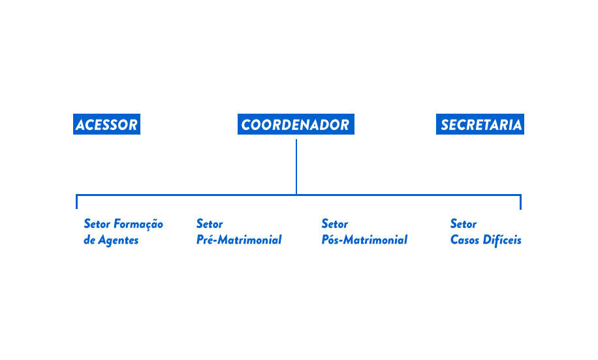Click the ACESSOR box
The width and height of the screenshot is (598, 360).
coord(107,124)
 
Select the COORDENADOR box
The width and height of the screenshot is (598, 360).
coord(296,124)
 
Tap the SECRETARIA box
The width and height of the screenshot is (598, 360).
coord(480,124)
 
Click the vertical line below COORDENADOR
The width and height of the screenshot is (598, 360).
coord(296,167)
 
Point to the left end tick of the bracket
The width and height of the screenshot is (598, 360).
coord(76,202)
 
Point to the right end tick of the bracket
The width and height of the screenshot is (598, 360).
coord(520,202)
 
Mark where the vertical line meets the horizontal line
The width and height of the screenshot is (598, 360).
coord(296,195)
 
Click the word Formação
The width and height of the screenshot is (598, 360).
coord(139,224)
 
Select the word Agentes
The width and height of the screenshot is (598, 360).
coord(118,240)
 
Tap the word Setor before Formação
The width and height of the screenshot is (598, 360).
coord(97,223)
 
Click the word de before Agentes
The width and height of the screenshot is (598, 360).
coord(89,240)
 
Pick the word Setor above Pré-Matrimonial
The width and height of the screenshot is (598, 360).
coord(210,223)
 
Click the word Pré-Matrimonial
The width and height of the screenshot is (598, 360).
coord(239,240)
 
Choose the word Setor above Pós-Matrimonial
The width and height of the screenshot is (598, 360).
coord(335,223)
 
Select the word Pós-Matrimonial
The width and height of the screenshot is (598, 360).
coord(364,240)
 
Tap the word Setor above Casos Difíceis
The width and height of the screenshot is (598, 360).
coord(464,223)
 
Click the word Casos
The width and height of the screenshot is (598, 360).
coord(465,240)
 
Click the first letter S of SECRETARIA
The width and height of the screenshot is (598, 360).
coord(445,125)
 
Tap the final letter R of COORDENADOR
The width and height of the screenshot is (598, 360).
coord(345,125)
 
